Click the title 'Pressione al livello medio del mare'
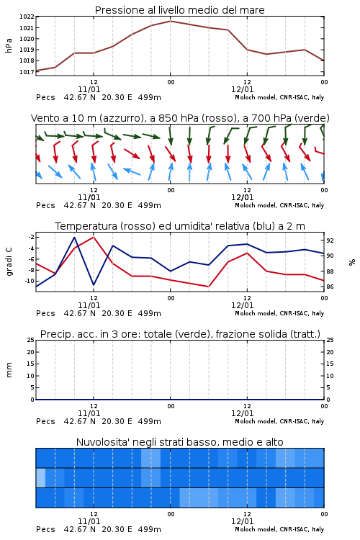tap(179, 10)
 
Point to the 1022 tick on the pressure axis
tap(27, 17)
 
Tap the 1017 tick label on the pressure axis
tap(27, 72)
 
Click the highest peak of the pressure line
tap(170, 21)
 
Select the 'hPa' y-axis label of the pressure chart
tap(9, 45)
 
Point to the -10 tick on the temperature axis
tap(30, 281)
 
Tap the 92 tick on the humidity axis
tap(330, 240)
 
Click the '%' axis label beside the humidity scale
tap(352, 262)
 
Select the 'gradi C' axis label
tap(9, 261)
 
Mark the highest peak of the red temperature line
tap(94, 237)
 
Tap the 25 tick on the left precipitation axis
tap(31, 340)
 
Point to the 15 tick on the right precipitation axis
tap(330, 364)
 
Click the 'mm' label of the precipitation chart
tap(9, 370)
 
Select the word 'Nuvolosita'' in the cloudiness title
tap(99, 442)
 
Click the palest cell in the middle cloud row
tap(40, 477)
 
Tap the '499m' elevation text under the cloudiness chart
tap(150, 529)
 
